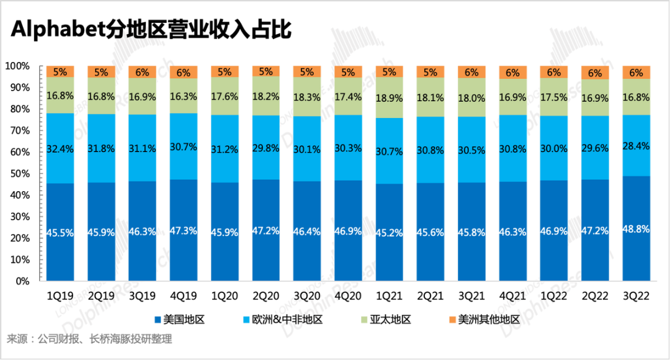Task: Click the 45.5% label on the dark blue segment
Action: click(x=60, y=233)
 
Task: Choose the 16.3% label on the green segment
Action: click(x=184, y=97)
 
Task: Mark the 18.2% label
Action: click(x=266, y=97)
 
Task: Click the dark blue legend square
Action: click(x=158, y=320)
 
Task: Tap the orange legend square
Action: click(x=452, y=320)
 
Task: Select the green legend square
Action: click(x=364, y=320)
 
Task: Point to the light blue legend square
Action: click(x=247, y=320)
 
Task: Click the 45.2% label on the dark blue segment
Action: click(x=390, y=233)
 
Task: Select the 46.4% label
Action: click(x=307, y=232)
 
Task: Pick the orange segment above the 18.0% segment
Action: click(x=471, y=72)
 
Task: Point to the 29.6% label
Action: click(x=596, y=148)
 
